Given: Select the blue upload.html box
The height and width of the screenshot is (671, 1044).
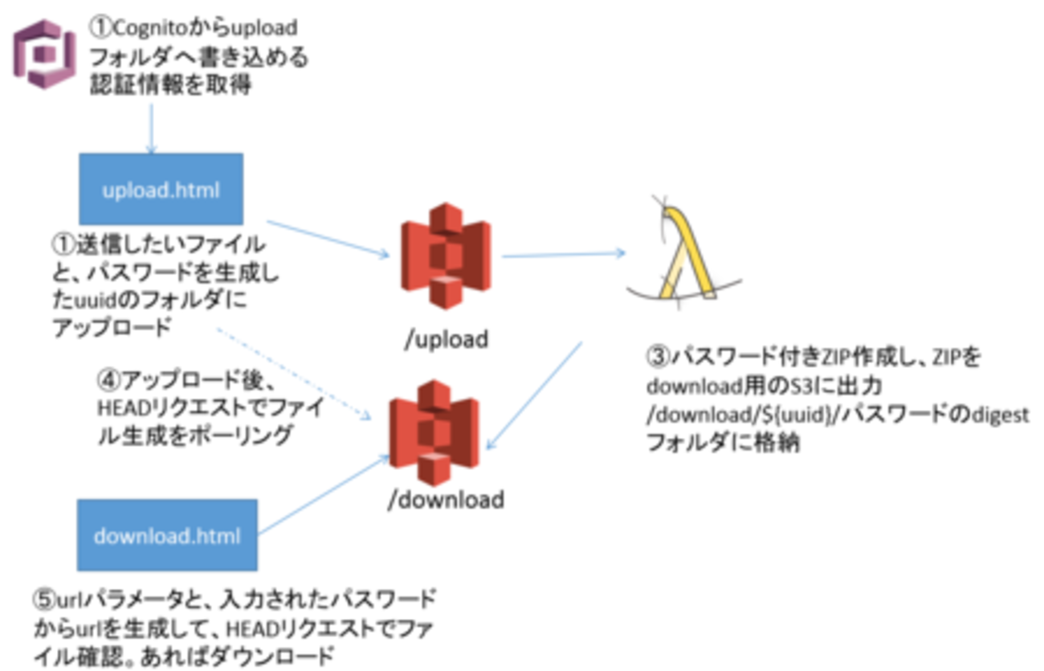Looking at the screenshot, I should coord(161,190).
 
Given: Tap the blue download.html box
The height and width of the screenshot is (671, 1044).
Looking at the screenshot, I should coord(167,534).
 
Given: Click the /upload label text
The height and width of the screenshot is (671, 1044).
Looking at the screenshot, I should coord(446,339).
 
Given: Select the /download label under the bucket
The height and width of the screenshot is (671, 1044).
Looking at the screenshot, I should coord(446,499).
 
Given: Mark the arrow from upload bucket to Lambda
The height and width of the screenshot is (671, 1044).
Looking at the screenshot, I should coord(562,255).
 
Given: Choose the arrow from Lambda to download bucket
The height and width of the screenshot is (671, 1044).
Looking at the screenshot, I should coord(536,394).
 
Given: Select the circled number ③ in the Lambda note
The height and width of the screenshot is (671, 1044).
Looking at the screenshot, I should coord(659,357).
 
